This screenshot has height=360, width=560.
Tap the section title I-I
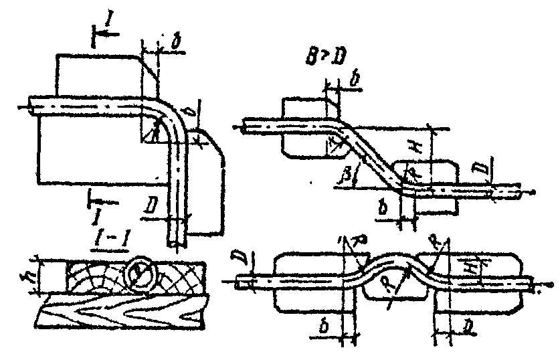(x=103, y=238)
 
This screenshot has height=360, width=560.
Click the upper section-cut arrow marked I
(x=101, y=30)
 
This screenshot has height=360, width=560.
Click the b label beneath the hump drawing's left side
(x=322, y=327)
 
